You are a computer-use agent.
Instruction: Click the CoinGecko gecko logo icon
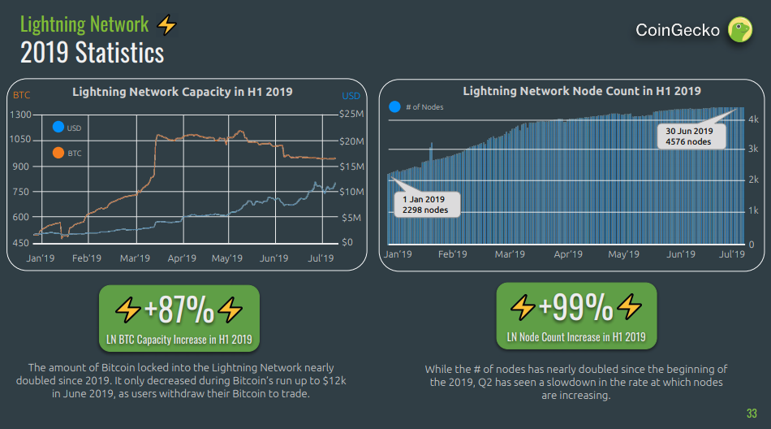click(739, 30)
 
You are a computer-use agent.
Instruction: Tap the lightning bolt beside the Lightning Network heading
click(166, 25)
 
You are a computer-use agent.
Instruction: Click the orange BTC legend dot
click(58, 152)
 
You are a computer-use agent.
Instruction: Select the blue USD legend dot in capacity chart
click(58, 128)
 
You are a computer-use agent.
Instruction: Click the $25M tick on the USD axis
click(351, 114)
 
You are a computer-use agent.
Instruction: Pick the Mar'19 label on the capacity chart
click(135, 258)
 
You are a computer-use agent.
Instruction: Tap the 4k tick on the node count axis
click(753, 119)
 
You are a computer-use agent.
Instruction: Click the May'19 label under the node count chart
click(623, 254)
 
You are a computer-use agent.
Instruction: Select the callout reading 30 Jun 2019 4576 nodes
click(688, 136)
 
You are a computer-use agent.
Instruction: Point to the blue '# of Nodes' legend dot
click(394, 106)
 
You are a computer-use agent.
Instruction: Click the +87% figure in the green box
click(179, 310)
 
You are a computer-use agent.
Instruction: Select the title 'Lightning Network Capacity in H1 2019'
click(183, 92)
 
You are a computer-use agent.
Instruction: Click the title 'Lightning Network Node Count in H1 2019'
click(582, 91)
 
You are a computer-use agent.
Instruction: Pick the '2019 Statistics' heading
click(92, 53)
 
